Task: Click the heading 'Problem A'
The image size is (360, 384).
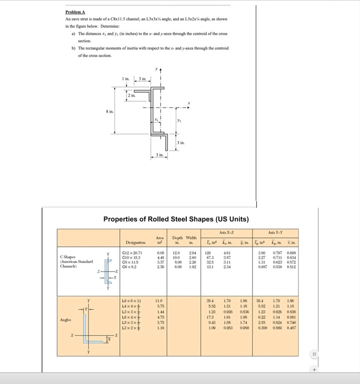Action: click(x=74, y=12)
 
